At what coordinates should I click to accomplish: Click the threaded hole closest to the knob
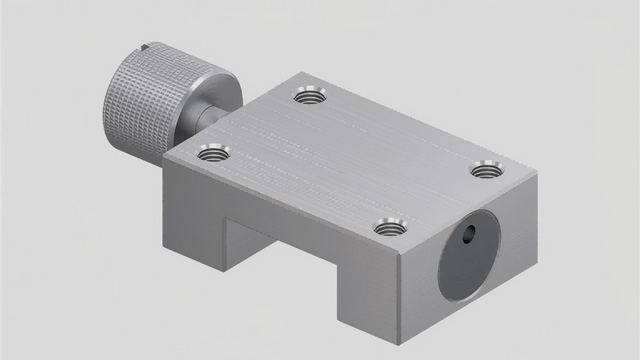213,153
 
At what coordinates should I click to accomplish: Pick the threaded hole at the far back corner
311,96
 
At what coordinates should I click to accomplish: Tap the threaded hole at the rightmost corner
487,168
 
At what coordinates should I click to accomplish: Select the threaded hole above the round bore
391,227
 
